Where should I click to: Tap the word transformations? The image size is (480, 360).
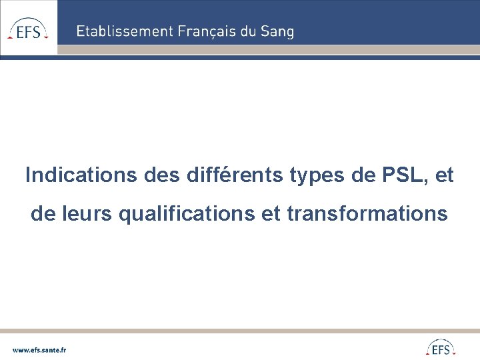point(367,213)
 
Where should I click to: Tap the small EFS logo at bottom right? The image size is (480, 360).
point(441,348)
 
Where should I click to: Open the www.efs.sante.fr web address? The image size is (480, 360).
point(39,349)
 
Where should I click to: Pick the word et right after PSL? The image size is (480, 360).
point(443,175)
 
